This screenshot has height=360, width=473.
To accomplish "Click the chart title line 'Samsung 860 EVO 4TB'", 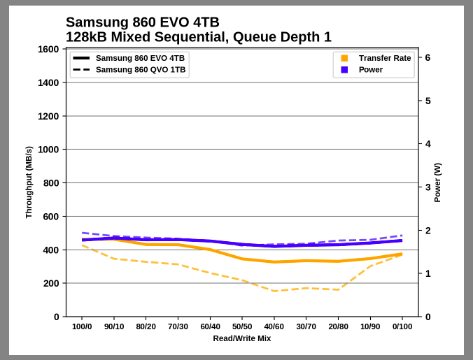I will click(x=142, y=22).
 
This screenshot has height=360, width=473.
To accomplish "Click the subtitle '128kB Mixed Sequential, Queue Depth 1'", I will click(x=198, y=37).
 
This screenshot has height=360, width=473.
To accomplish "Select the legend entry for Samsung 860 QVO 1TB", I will click(x=140, y=70).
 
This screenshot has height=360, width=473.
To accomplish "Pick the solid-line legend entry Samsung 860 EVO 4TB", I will click(x=140, y=58).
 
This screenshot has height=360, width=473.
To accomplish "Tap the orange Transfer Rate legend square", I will click(x=344, y=58).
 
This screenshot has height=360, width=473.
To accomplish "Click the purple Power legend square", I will click(x=344, y=70).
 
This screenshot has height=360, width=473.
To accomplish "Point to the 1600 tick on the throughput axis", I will click(x=48, y=50).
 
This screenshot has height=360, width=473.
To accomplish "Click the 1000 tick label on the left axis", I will click(x=48, y=150).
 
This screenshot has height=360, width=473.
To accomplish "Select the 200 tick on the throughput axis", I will click(x=50, y=283).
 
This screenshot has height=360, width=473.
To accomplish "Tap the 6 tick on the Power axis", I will click(x=428, y=58).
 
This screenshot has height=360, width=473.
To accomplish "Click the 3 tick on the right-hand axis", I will click(x=428, y=187).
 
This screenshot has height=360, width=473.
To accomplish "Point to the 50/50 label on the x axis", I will click(x=242, y=326).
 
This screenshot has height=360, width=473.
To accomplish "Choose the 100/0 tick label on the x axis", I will click(x=82, y=326).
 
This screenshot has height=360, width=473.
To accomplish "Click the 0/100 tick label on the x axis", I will click(x=402, y=326).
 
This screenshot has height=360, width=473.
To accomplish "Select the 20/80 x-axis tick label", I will click(x=338, y=326).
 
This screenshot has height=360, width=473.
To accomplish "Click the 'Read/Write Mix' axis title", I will click(x=242, y=338).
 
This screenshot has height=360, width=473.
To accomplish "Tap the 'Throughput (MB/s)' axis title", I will click(x=29, y=182).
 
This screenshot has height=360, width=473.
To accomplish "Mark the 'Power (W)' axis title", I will click(x=437, y=182).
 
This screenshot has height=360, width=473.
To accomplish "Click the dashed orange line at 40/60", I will click(x=274, y=291).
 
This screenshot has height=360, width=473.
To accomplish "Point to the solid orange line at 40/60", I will click(x=274, y=262).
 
